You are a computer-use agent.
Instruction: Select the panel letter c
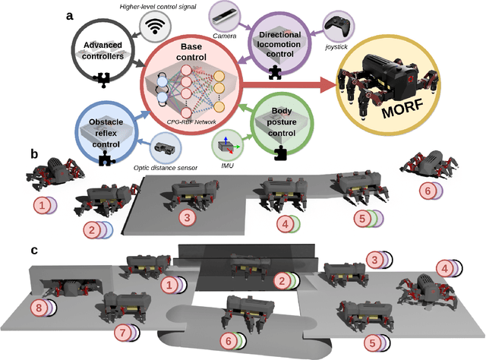coord(34,250)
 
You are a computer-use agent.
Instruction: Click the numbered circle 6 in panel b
coord(428,192)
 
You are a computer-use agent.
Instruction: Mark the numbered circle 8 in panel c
coord(40,308)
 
